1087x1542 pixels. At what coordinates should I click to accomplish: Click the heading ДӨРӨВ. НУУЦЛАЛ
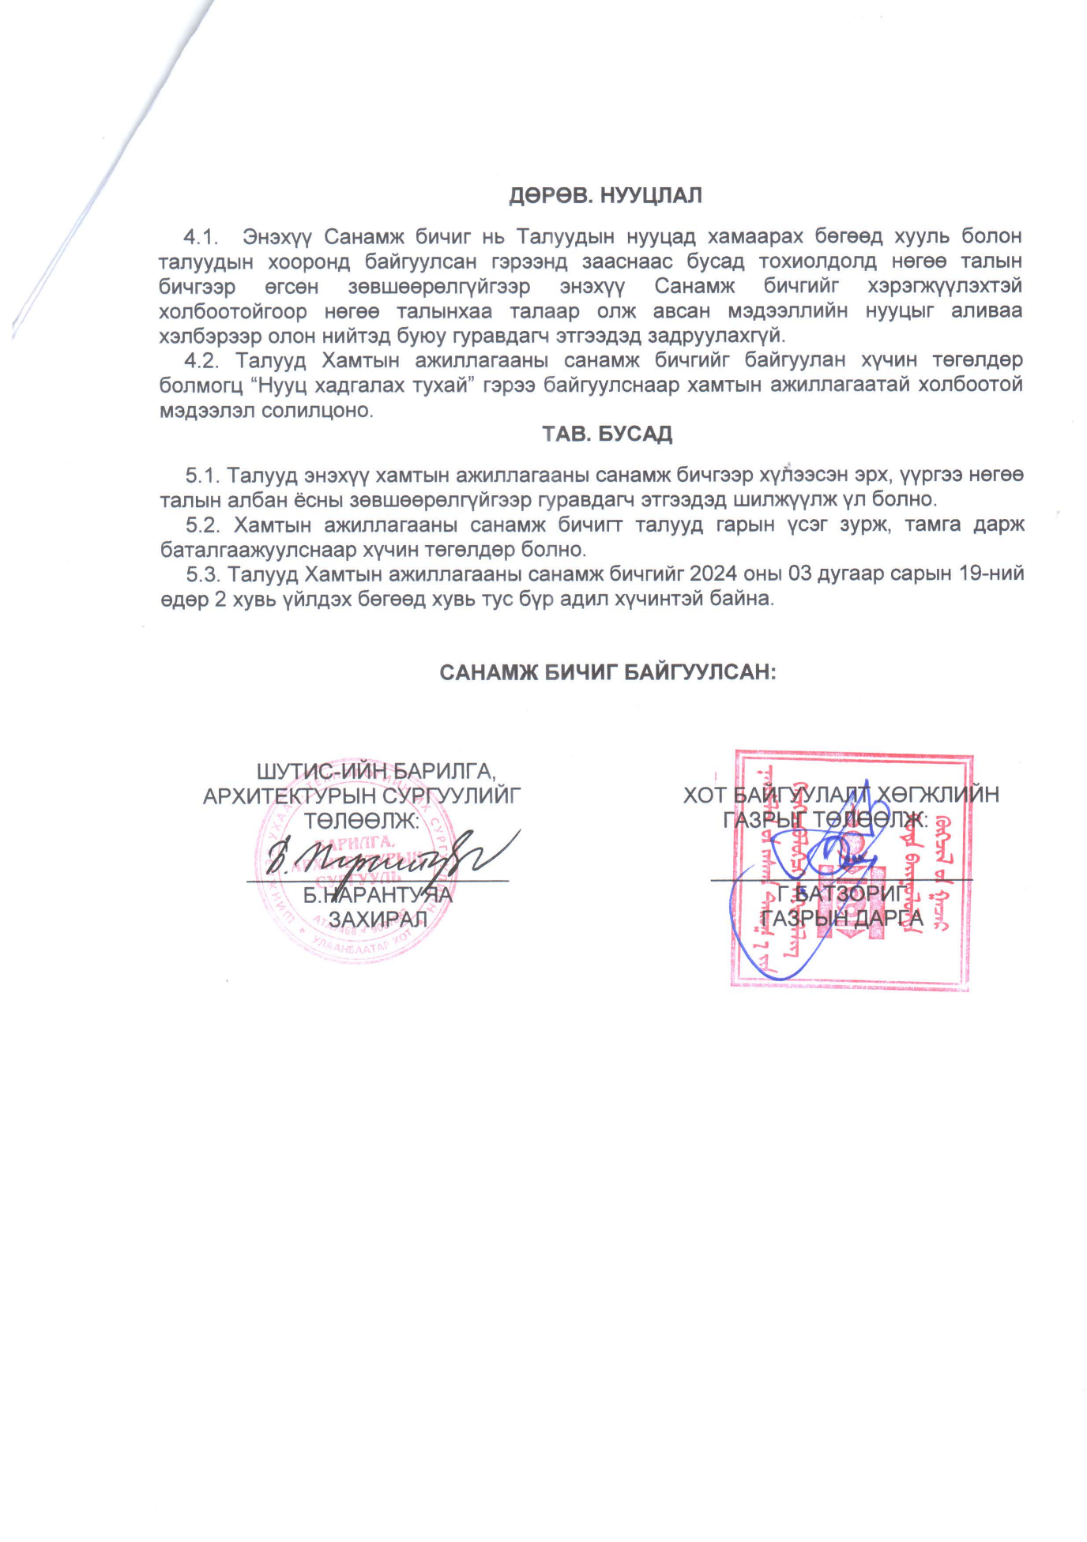(x=605, y=196)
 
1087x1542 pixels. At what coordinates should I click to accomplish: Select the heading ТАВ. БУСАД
(x=607, y=434)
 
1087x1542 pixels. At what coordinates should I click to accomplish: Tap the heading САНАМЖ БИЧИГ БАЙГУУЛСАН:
(x=607, y=672)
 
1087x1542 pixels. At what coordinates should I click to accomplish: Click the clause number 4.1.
(x=201, y=236)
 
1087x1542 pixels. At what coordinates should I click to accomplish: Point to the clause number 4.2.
(x=201, y=360)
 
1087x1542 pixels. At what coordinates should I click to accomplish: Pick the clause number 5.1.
(x=202, y=476)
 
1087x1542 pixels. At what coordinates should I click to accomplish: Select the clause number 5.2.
(x=202, y=525)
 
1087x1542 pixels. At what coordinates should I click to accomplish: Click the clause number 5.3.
(x=202, y=574)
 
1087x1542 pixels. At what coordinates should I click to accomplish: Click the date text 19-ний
(x=991, y=574)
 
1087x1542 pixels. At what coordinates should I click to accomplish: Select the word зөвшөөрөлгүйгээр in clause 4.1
(x=438, y=286)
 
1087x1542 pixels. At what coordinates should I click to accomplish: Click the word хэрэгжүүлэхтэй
(x=944, y=286)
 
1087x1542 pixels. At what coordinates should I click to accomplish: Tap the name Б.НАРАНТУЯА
(x=378, y=895)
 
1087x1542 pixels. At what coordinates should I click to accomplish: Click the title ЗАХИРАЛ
(x=378, y=920)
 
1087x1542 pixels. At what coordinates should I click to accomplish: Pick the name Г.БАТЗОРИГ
(x=841, y=893)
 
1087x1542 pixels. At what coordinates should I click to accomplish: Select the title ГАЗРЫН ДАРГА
(x=841, y=918)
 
